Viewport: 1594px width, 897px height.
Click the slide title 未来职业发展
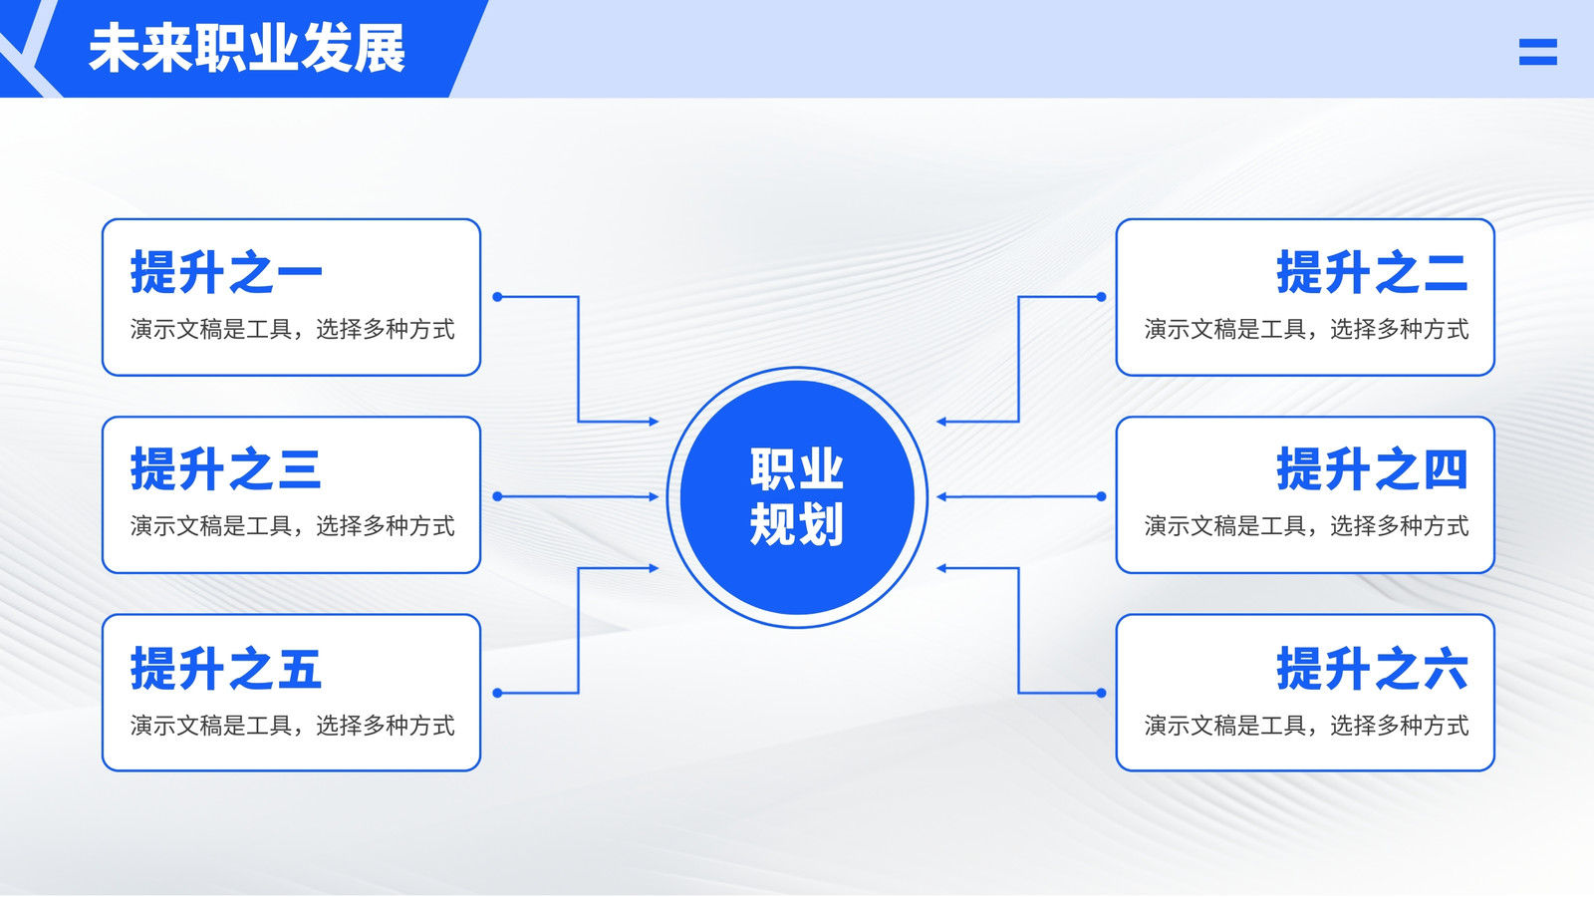click(x=247, y=49)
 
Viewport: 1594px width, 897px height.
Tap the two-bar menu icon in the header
click(x=1538, y=52)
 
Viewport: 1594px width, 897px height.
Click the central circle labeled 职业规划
click(x=797, y=497)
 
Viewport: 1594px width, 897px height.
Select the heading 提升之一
click(x=226, y=272)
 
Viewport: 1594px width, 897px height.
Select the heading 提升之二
click(x=1372, y=272)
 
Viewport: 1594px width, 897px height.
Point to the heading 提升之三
click(x=226, y=469)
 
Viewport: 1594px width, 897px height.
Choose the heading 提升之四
click(x=1372, y=469)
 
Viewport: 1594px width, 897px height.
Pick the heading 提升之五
click(x=226, y=668)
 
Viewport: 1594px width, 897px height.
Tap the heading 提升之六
click(x=1372, y=668)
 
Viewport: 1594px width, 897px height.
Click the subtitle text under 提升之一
click(x=293, y=329)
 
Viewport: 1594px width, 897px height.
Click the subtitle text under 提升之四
click(x=1306, y=526)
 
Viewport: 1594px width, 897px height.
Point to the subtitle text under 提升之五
click(x=293, y=726)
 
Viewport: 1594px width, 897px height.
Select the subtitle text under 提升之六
click(x=1306, y=726)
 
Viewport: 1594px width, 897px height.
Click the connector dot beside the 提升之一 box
click(x=497, y=296)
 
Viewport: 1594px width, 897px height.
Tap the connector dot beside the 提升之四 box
click(x=1101, y=496)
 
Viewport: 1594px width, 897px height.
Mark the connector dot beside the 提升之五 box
click(x=497, y=693)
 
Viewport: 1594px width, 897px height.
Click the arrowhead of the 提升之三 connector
click(x=654, y=496)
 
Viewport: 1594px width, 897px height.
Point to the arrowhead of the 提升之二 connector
click(x=941, y=422)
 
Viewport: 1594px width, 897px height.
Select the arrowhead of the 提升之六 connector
click(x=941, y=568)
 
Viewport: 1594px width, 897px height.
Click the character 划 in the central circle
click(x=821, y=524)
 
